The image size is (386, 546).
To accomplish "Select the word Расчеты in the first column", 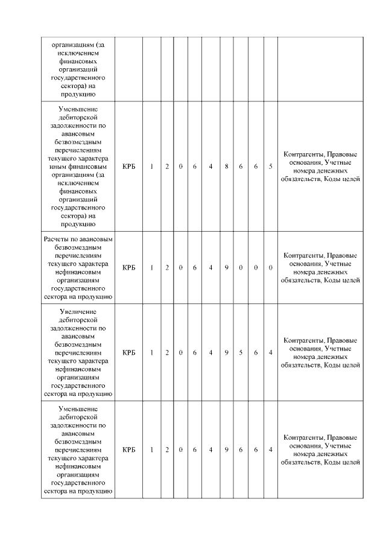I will coord(57,240).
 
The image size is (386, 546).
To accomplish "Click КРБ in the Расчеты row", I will coord(128,267).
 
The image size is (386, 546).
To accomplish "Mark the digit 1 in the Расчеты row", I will coord(152,267).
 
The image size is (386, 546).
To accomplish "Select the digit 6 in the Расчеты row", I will coord(195,267).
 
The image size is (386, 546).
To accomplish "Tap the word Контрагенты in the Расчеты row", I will coord(303,255).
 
